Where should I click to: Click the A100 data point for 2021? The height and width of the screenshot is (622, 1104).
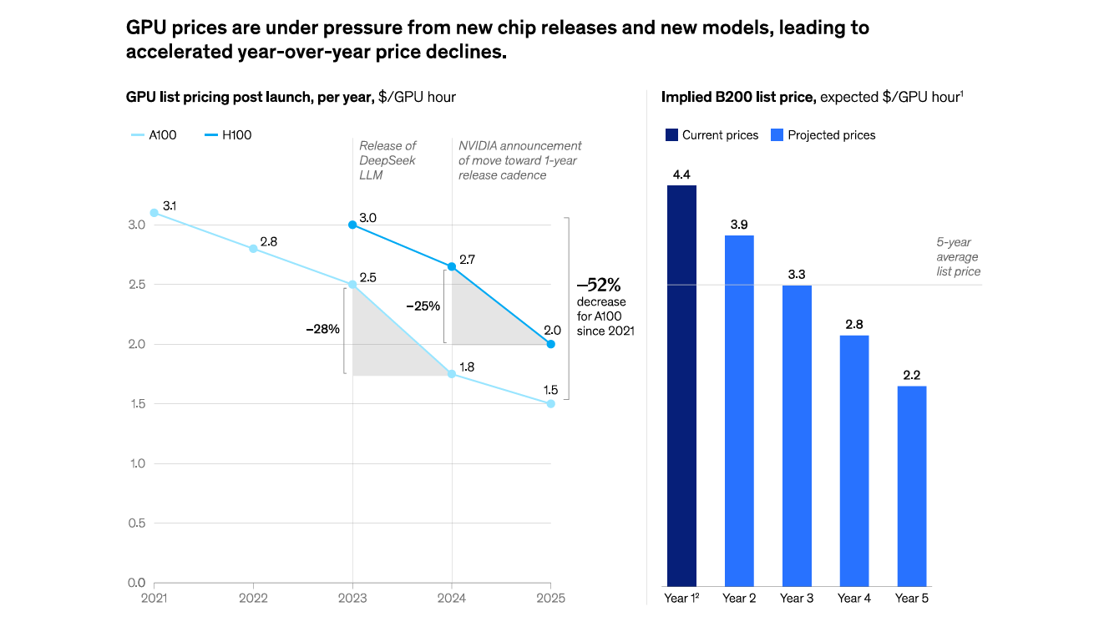[154, 213]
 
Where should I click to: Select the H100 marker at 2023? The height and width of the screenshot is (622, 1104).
[352, 225]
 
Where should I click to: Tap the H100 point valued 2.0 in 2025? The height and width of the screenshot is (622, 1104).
[550, 344]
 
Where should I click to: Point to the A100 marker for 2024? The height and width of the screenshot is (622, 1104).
[452, 374]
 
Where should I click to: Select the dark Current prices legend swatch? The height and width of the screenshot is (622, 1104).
[671, 135]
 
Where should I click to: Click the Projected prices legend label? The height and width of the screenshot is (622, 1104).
[831, 135]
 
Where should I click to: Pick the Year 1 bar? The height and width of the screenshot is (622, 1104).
[681, 385]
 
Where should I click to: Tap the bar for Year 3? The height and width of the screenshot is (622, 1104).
[797, 435]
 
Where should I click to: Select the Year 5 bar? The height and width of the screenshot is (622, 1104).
[912, 485]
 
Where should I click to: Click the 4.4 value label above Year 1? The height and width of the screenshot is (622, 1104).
[681, 174]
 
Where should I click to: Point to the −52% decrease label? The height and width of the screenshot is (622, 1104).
[599, 286]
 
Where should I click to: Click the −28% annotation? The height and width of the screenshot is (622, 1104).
[322, 329]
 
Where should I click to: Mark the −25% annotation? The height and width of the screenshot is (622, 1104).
[423, 306]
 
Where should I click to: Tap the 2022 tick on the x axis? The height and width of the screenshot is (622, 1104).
[253, 598]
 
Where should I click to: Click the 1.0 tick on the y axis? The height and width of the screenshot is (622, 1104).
[138, 463]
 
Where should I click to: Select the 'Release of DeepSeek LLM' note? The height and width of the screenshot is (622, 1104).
[387, 160]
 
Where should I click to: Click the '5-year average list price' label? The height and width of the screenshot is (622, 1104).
[958, 257]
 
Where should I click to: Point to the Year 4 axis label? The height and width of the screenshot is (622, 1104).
[854, 598]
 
